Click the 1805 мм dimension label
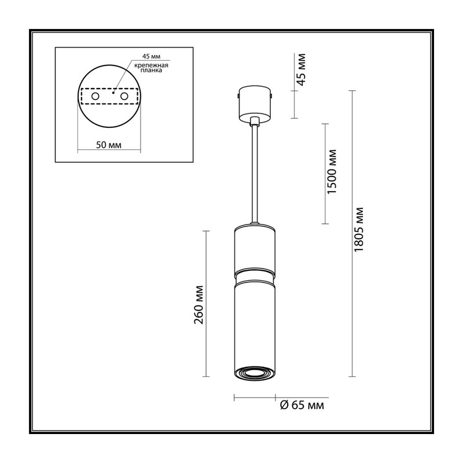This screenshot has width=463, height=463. [359, 229]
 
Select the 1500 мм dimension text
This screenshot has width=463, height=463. [332, 171]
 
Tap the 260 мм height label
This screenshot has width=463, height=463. [199, 304]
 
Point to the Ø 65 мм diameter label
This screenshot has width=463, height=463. [302, 405]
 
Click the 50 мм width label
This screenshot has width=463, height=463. [109, 145]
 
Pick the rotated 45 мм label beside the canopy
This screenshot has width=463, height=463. [301, 69]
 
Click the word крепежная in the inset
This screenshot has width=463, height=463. [152, 65]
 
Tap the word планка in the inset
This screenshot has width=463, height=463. [151, 71]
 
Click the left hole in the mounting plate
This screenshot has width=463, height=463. [95, 96]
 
